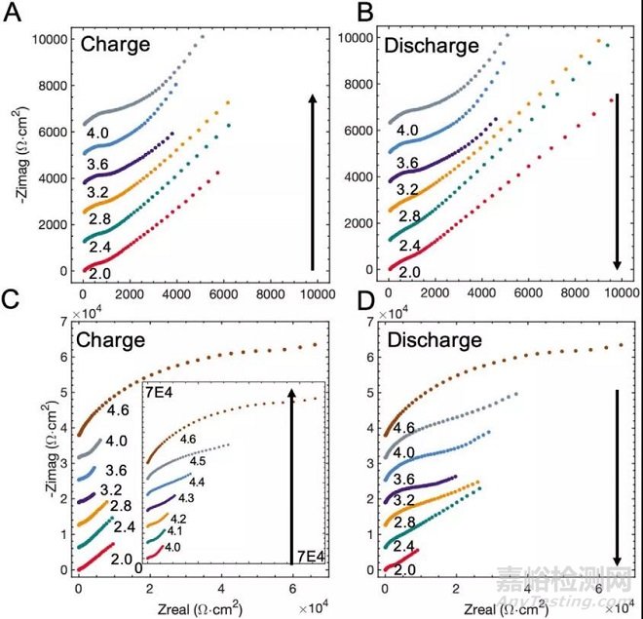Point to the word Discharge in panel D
coord(435,341)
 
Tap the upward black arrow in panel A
coord(311,180)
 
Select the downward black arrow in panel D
coord(616,478)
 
